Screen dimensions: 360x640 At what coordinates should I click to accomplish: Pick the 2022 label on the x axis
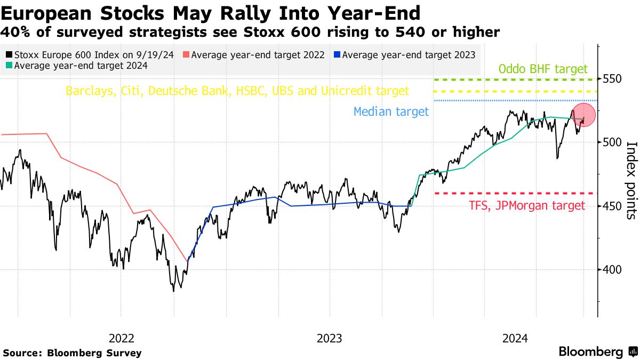click(x=122, y=338)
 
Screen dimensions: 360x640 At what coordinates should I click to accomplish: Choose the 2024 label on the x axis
click(x=515, y=338)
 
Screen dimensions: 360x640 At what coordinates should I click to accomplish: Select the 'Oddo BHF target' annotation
click(x=543, y=69)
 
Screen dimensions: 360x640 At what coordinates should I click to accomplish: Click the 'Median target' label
click(x=391, y=111)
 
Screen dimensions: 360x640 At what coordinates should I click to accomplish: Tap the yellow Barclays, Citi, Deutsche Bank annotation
click(x=237, y=91)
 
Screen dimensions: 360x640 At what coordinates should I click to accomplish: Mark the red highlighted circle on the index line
click(x=583, y=115)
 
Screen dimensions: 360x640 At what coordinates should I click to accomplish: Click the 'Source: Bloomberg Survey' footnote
click(x=73, y=353)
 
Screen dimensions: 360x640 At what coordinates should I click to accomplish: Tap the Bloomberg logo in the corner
click(x=597, y=352)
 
